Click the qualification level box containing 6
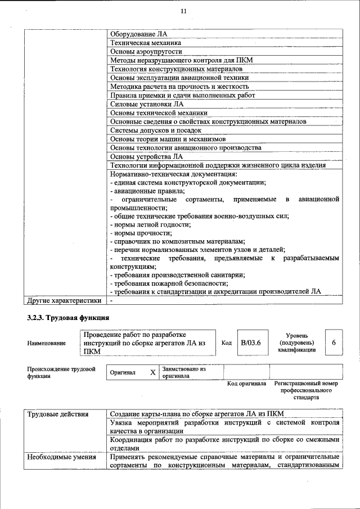(334, 343)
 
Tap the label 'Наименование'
(46, 343)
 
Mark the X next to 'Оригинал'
(152, 372)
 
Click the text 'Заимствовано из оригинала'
(184, 372)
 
